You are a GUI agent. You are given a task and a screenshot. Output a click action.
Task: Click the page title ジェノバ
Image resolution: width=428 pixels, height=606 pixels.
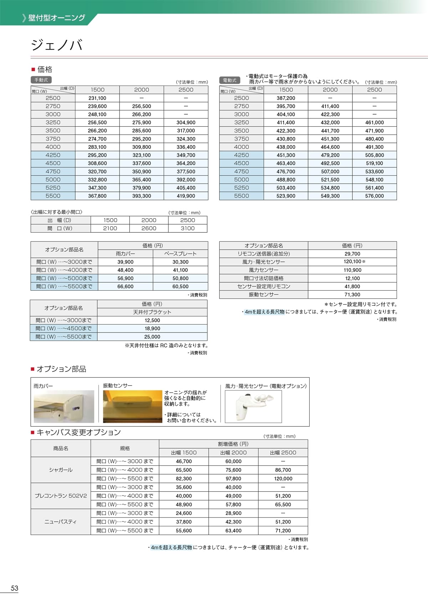(x=57, y=45)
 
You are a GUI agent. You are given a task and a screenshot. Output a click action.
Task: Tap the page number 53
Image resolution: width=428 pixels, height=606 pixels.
(x=14, y=588)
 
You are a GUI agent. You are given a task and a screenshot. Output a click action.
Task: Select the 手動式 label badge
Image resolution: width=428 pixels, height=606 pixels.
(x=41, y=80)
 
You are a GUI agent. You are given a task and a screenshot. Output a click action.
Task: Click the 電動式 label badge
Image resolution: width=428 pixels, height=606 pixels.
(x=230, y=80)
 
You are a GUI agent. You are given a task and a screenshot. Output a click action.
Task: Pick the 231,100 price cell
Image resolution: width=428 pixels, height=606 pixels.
(x=97, y=98)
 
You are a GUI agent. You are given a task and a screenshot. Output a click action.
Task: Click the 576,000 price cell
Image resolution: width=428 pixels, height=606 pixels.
(x=374, y=196)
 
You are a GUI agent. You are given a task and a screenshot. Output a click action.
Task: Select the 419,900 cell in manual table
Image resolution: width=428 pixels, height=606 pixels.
(x=186, y=196)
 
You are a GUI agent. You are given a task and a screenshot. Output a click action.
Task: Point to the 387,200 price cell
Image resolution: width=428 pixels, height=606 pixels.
(x=286, y=98)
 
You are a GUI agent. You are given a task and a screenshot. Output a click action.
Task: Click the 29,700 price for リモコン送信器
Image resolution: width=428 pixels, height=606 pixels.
(x=352, y=254)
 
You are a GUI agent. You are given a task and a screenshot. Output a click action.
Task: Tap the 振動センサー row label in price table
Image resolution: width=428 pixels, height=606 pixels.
(x=264, y=295)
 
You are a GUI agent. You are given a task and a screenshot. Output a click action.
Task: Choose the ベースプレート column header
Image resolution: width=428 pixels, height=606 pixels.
(x=180, y=254)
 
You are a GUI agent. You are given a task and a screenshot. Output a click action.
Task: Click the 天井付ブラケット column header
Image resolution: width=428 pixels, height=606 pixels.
(x=152, y=312)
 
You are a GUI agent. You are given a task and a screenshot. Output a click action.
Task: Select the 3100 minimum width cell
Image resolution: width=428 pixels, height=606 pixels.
(x=188, y=229)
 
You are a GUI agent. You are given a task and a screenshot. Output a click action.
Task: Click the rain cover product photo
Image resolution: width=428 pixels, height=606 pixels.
(x=64, y=406)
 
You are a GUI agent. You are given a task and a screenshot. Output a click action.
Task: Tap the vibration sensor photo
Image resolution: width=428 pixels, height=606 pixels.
(x=132, y=406)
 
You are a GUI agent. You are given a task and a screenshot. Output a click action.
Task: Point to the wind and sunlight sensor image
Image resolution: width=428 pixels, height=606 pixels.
(x=253, y=406)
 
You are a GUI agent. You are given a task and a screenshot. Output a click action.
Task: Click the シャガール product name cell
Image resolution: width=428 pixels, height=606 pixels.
(x=61, y=470)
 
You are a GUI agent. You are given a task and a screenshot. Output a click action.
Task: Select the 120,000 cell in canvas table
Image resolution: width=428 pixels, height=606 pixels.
(x=283, y=479)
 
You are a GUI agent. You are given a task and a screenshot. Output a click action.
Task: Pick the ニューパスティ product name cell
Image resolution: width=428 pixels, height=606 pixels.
(x=61, y=522)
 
